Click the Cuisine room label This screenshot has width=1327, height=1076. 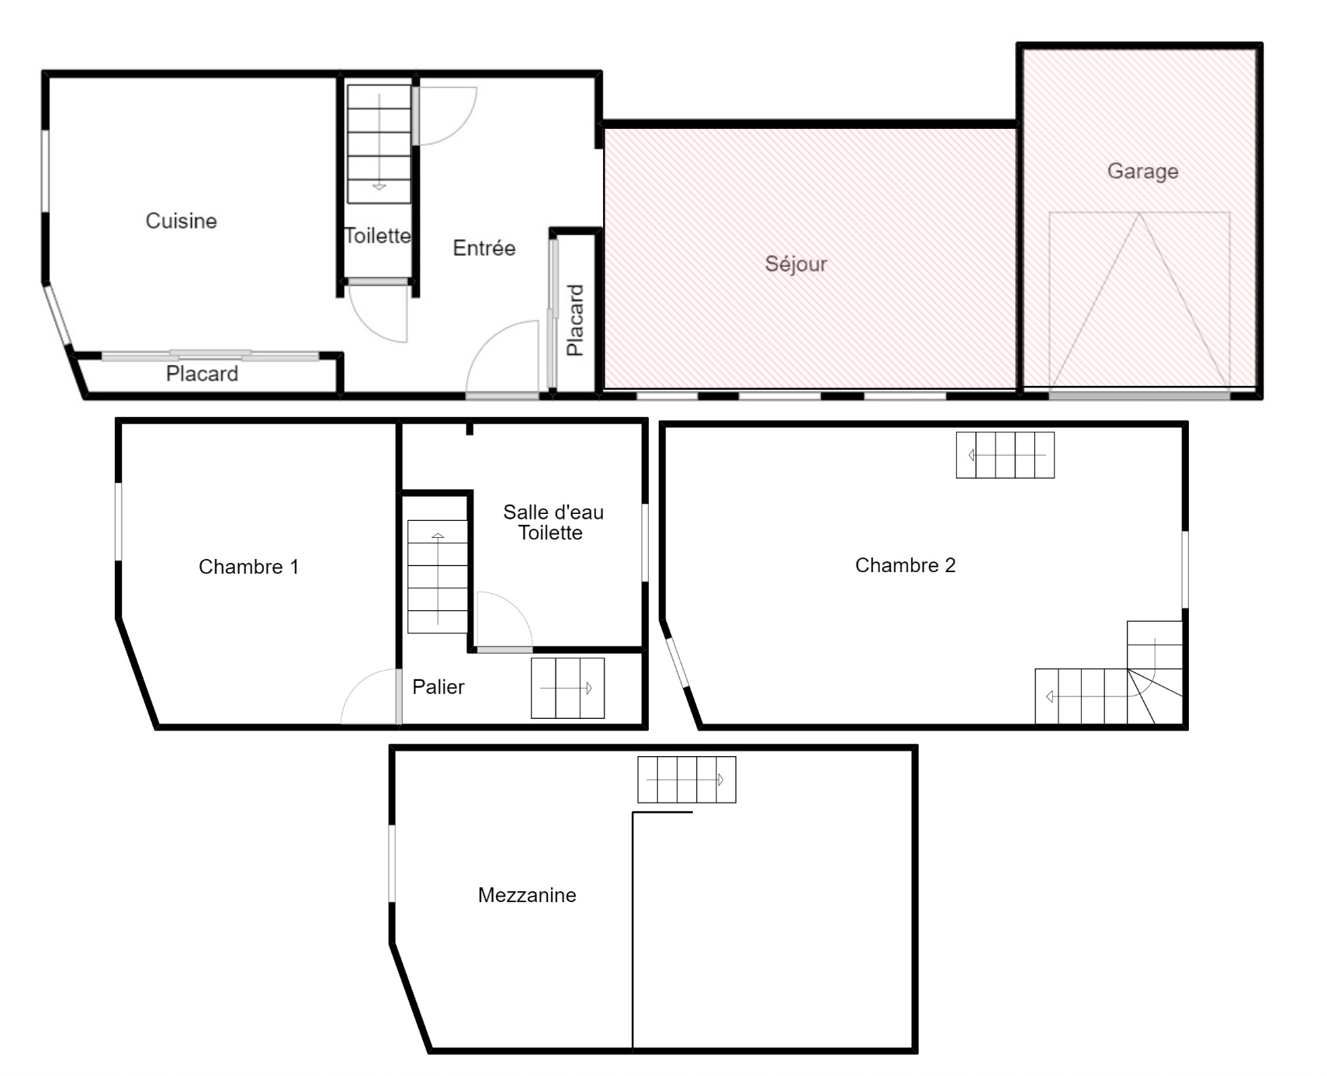(181, 220)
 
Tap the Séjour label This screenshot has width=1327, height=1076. (796, 264)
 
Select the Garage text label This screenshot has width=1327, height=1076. (1142, 171)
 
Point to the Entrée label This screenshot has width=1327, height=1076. (484, 248)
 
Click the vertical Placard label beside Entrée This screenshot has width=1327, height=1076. (575, 320)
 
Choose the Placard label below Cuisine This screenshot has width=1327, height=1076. (202, 373)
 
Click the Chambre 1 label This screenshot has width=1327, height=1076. (248, 567)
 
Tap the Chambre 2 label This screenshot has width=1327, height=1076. (905, 565)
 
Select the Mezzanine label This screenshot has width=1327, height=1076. (527, 895)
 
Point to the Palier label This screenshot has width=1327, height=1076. (438, 686)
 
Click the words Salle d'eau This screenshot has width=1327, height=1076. (553, 512)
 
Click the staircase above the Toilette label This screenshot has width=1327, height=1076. (379, 144)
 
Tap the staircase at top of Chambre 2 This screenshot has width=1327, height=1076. (1005, 455)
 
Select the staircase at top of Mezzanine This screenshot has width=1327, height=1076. (687, 779)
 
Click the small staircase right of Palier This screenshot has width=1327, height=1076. (567, 688)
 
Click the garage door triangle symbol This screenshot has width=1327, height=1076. (1139, 301)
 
